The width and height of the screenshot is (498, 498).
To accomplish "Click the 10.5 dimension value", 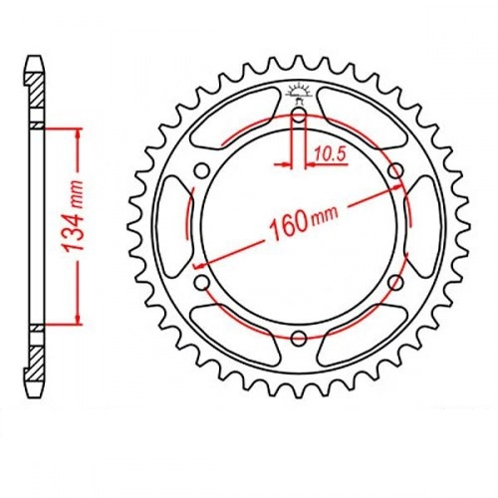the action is (x=330, y=154).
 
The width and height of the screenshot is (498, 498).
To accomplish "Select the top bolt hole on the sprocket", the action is (x=299, y=117).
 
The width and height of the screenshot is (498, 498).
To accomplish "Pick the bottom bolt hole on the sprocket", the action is (x=299, y=338).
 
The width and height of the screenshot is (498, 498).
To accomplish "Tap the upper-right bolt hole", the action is (x=395, y=171).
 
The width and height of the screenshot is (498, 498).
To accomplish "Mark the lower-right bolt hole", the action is (x=395, y=283).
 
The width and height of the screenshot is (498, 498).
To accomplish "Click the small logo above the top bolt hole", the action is (x=299, y=92).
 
